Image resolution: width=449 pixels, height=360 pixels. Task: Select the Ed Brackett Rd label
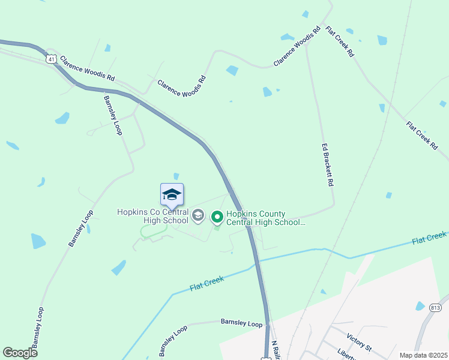coord(327,165)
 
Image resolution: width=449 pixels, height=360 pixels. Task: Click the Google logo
coord(20,353)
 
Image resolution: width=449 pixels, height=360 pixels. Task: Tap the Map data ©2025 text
coord(423,355)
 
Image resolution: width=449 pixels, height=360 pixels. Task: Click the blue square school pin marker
coord(172,195)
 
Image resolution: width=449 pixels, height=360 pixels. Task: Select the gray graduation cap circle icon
coord(199,215)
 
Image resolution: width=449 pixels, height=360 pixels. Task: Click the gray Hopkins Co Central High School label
coord(153,216)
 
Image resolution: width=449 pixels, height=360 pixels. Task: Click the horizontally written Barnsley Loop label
coord(241,324)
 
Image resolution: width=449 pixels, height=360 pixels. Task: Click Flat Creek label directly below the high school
coord(207,283)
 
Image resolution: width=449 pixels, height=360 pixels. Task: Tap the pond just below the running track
coord(119,268)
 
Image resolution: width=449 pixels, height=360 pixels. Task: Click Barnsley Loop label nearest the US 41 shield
coord(113,115)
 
